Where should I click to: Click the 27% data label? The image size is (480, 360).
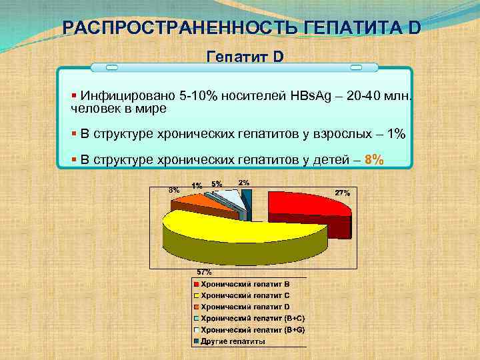tap(343, 193)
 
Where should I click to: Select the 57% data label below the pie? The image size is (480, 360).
tap(204, 272)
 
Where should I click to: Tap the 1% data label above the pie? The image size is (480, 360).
tap(197, 185)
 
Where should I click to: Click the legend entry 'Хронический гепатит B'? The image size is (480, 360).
tap(245, 284)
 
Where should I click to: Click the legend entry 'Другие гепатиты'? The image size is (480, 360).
tap(233, 341)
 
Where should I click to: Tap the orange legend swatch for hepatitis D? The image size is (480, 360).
tap(197, 307)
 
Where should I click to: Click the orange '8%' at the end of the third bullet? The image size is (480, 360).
tap(374, 159)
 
